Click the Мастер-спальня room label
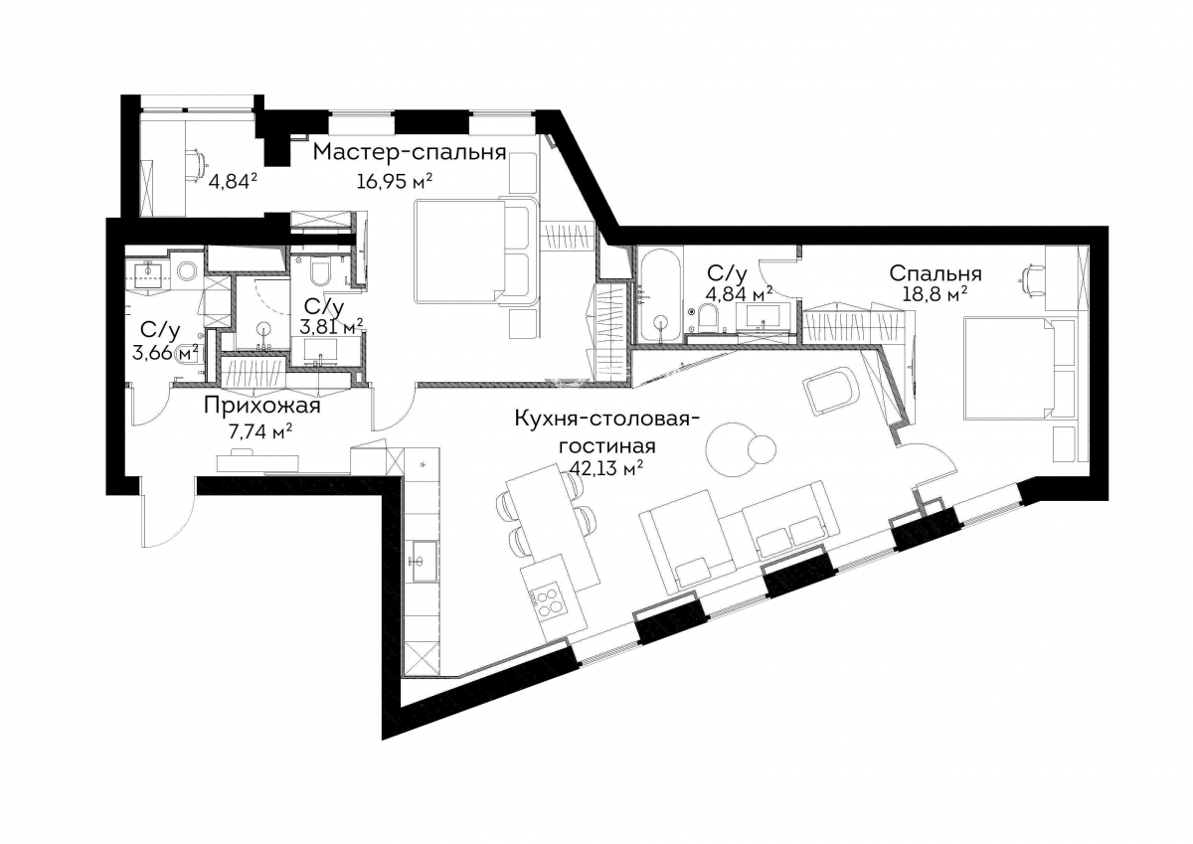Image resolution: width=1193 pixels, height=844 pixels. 409,153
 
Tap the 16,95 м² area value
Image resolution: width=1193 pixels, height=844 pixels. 394,182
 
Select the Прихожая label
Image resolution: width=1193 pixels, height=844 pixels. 262,407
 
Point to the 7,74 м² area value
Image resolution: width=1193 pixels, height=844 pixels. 260,431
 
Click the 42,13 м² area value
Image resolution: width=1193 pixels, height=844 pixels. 606,468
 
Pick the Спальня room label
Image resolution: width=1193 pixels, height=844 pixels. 936,273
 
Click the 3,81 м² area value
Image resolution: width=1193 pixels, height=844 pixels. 331,326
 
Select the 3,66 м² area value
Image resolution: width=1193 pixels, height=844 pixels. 165,352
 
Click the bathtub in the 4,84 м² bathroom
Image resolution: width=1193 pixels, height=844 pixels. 661,295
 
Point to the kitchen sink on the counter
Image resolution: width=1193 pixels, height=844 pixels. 424,561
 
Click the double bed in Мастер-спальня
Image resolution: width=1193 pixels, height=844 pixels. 475,252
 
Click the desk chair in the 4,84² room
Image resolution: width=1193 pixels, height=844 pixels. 196,162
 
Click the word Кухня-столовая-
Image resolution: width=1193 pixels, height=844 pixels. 606,419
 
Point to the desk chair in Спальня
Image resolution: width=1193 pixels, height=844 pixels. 1032,279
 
